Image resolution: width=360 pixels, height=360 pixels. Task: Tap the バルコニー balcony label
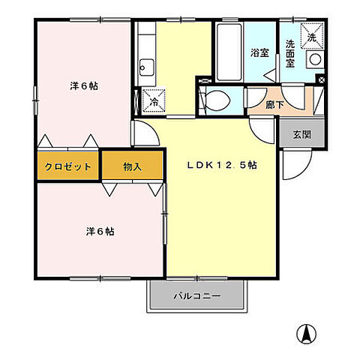(197, 296)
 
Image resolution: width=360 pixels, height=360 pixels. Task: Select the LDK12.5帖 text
(222, 166)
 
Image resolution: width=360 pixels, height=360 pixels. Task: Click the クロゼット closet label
(68, 166)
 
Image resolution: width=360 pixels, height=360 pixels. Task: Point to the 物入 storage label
(132, 166)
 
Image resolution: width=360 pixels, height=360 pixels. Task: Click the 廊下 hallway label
(275, 104)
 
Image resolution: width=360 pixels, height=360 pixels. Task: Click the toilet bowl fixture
(217, 99)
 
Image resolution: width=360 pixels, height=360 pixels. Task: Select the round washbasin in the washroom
(316, 60)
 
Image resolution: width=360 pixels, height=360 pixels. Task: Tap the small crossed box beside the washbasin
(321, 80)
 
